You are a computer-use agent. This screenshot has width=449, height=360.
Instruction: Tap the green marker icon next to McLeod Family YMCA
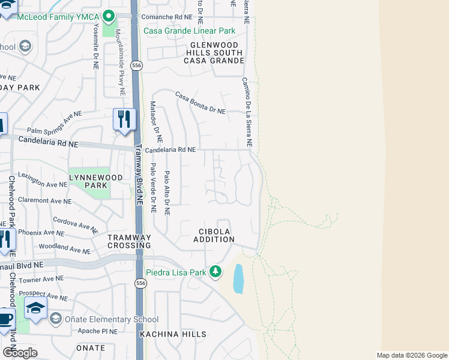tap(109, 16)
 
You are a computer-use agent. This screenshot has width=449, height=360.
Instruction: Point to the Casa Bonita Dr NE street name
tap(200, 103)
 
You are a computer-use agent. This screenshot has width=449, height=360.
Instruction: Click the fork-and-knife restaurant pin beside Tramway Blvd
tap(124, 119)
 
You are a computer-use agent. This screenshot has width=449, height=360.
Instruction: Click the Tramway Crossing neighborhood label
tap(129, 241)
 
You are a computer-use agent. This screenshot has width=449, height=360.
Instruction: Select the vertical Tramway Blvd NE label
tap(139, 176)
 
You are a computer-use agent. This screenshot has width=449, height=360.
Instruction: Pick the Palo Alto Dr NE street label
tap(167, 193)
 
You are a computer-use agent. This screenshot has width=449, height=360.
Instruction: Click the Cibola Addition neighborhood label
tap(214, 235)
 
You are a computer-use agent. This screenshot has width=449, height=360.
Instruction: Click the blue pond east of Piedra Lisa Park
tap(238, 279)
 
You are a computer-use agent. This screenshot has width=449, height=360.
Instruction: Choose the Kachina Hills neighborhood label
tap(173, 334)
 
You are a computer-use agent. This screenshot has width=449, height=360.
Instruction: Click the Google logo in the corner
tap(20, 353)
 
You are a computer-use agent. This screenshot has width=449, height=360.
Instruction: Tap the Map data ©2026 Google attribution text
tap(412, 355)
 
